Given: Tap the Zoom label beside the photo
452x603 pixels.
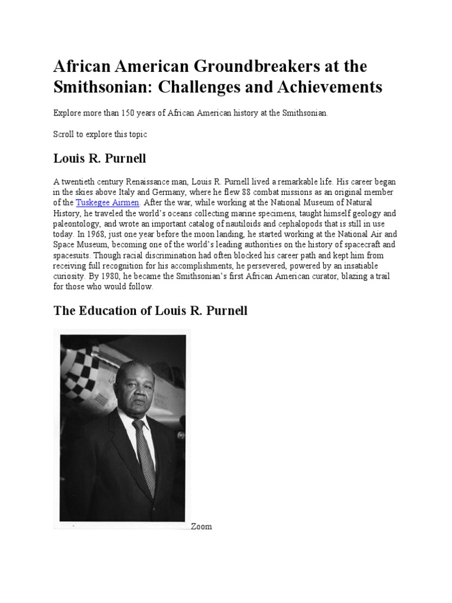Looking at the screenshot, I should [201, 526].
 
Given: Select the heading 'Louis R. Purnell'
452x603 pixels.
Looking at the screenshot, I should [100, 158].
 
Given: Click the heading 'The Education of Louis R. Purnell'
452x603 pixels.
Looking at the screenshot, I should [150, 310].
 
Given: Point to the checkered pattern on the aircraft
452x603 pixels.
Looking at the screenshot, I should [82, 371].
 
